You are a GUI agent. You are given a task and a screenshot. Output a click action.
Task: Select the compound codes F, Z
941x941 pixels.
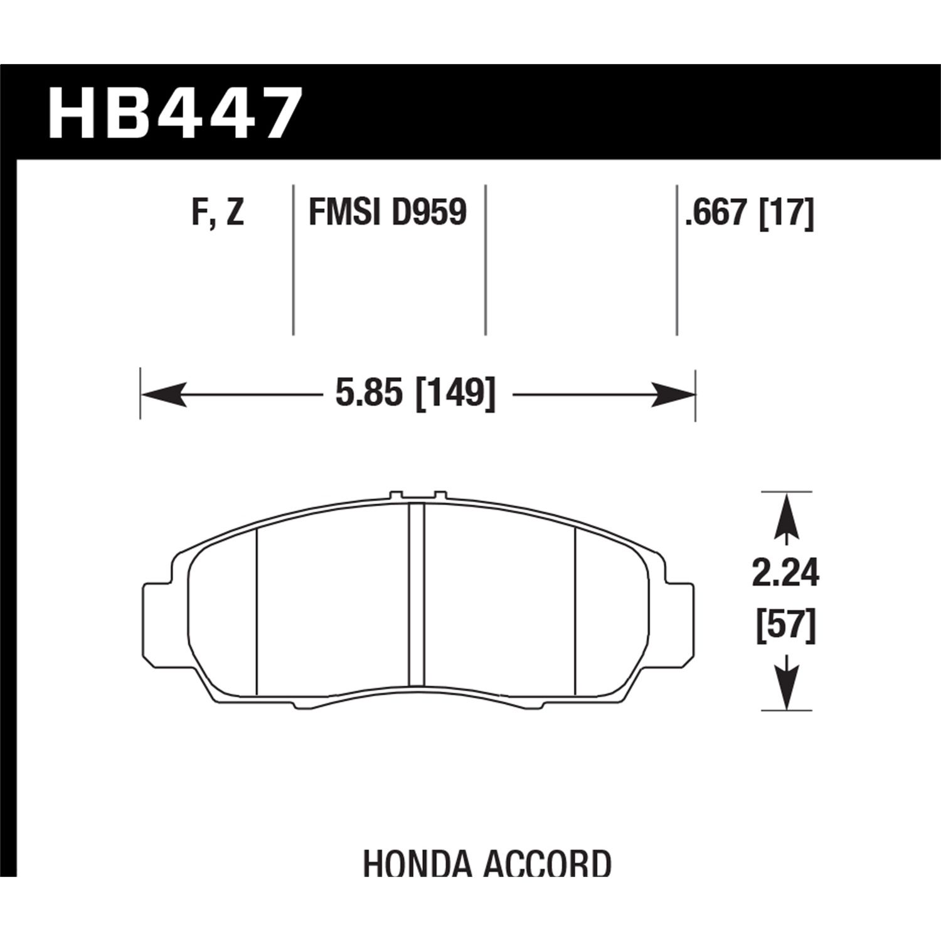click(x=217, y=213)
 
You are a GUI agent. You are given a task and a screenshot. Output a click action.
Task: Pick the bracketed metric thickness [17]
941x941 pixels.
click(x=786, y=213)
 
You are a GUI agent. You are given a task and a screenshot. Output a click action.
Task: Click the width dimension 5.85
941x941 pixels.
click(x=368, y=395)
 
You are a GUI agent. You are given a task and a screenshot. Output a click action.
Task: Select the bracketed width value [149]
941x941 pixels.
click(x=456, y=395)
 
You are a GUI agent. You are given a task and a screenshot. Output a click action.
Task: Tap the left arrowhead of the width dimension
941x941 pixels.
click(x=163, y=395)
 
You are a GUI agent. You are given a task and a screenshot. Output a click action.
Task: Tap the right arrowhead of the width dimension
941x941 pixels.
click(x=674, y=395)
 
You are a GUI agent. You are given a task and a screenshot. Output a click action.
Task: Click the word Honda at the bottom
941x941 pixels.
click(x=417, y=864)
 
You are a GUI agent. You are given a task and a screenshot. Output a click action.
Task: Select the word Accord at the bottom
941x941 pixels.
click(x=548, y=864)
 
